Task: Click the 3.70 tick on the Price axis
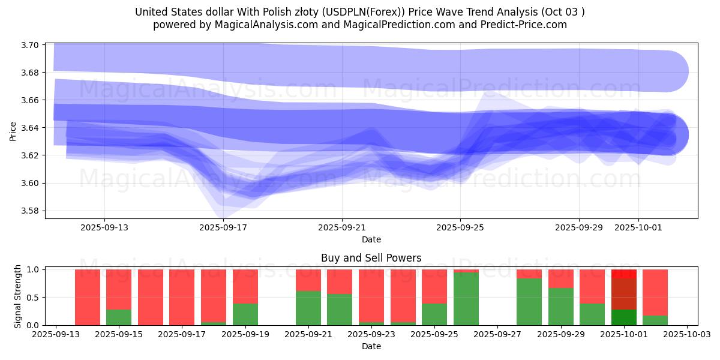pos(31,45)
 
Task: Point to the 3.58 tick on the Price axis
pos(31,211)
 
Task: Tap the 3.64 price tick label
pos(31,128)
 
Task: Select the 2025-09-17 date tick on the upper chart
pos(223,227)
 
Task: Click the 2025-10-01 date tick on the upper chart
pos(638,227)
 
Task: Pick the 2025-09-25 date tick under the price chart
pos(460,227)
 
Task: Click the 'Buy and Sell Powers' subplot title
pos(371,258)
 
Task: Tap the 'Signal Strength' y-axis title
pos(18,296)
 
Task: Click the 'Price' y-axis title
pos(13,131)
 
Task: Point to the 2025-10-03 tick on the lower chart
pos(686,334)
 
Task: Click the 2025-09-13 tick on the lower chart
pos(56,334)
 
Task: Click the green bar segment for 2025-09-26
pos(466,299)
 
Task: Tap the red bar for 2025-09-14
pos(88,297)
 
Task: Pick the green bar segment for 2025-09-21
pos(308,308)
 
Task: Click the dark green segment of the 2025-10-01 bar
pos(624,317)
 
